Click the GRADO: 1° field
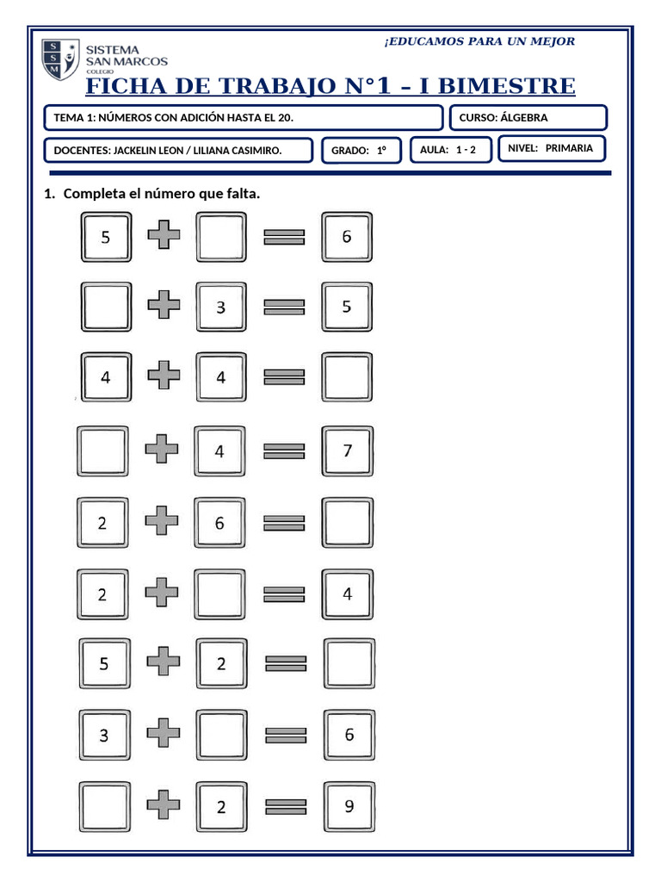click(361, 151)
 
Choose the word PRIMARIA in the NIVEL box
click(569, 148)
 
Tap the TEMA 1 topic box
click(243, 117)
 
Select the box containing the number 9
click(349, 807)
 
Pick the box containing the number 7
click(348, 450)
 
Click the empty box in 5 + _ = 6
click(221, 237)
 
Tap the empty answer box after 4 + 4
click(348, 377)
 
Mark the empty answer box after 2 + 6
click(348, 522)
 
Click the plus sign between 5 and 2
click(163, 662)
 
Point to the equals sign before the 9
click(285, 807)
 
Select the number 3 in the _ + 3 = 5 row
click(221, 307)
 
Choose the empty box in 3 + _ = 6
click(221, 735)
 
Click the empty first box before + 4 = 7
click(103, 450)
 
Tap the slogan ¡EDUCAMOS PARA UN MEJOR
click(479, 41)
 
